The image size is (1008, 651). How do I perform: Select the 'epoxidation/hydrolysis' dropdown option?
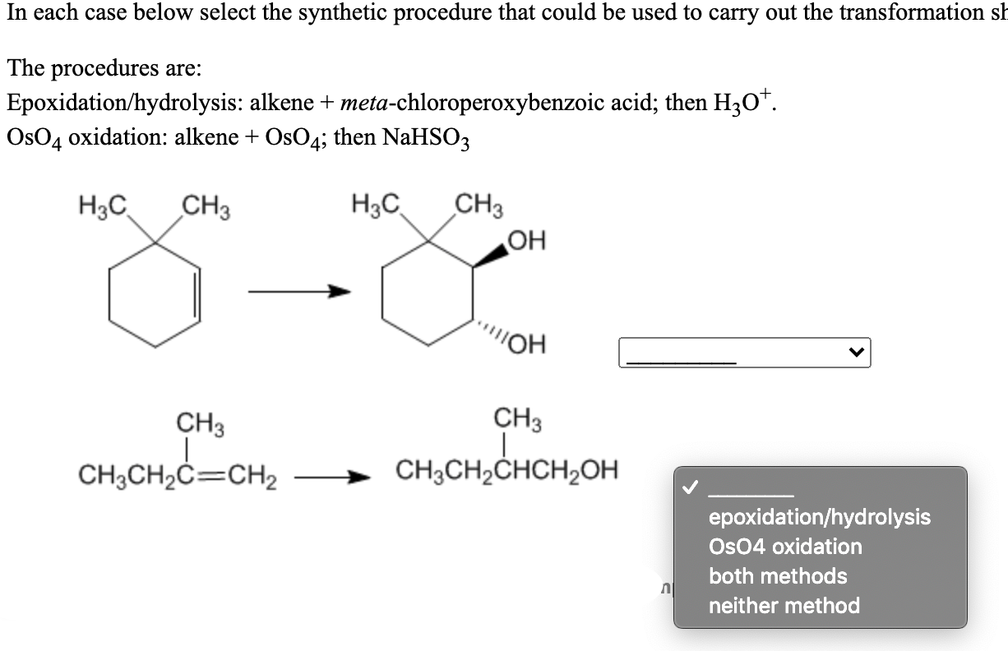[x=819, y=517]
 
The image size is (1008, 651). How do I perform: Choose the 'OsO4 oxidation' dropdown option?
[x=784, y=547]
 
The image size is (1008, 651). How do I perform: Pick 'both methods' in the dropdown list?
[x=777, y=576]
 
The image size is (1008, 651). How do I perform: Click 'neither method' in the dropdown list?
[x=784, y=606]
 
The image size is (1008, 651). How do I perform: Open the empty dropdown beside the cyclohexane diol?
[x=744, y=353]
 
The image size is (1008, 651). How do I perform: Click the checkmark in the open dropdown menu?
[x=690, y=489]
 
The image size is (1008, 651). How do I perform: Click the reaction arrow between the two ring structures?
[x=296, y=292]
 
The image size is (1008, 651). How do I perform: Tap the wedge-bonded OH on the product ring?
[x=527, y=242]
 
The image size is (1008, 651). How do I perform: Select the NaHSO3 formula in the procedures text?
[x=427, y=138]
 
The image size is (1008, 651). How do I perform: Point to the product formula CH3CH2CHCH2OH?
[x=506, y=473]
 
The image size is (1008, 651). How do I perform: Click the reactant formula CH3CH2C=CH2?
[x=178, y=475]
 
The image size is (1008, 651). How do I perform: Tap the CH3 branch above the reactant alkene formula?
[x=201, y=426]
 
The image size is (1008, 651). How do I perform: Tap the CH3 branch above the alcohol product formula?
[x=516, y=418]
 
